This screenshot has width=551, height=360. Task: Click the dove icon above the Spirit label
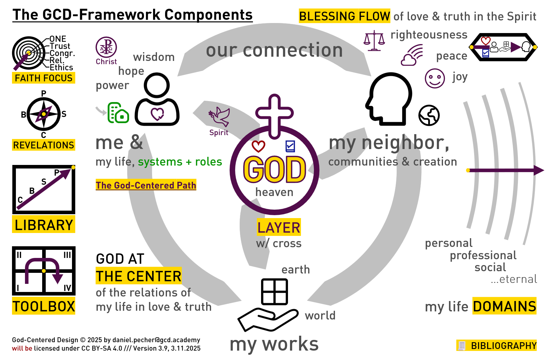220,117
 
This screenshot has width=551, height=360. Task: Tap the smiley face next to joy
435,78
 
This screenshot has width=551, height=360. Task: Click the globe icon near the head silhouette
429,115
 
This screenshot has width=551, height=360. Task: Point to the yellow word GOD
274,169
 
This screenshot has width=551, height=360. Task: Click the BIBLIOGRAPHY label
503,346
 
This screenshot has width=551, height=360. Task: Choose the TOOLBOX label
44,307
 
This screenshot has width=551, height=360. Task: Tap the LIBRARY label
44,225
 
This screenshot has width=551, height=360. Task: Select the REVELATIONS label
44,145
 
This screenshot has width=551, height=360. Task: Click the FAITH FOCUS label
44,78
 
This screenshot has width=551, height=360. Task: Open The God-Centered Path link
146,185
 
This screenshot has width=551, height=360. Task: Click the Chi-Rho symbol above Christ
106,47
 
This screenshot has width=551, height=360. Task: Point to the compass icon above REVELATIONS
43,114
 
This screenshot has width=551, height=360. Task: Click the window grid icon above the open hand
274,292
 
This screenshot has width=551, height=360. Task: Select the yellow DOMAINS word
504,307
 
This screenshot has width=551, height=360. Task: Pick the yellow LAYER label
279,227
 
